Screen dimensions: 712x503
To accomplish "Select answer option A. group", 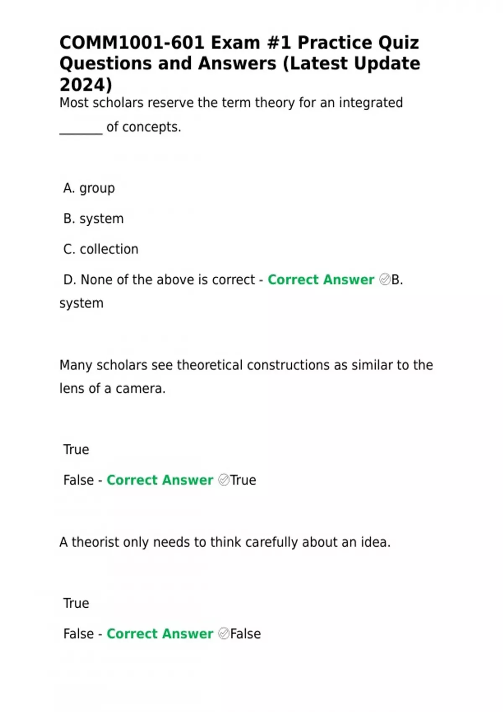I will pyautogui.click(x=89, y=188).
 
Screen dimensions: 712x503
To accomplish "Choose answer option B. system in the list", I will pyautogui.click(x=93, y=219).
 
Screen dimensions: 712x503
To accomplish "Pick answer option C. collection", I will pyautogui.click(x=101, y=249).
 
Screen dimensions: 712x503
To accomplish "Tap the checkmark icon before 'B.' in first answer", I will pyautogui.click(x=384, y=279).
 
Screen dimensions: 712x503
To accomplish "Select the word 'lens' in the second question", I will pyautogui.click(x=69, y=389).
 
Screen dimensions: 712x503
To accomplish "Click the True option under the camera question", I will pyautogui.click(x=76, y=449).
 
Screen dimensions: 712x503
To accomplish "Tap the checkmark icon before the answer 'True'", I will pyautogui.click(x=224, y=480).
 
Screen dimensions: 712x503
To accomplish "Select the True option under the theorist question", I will pyautogui.click(x=76, y=603).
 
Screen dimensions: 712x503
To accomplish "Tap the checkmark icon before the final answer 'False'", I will pyautogui.click(x=224, y=634).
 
